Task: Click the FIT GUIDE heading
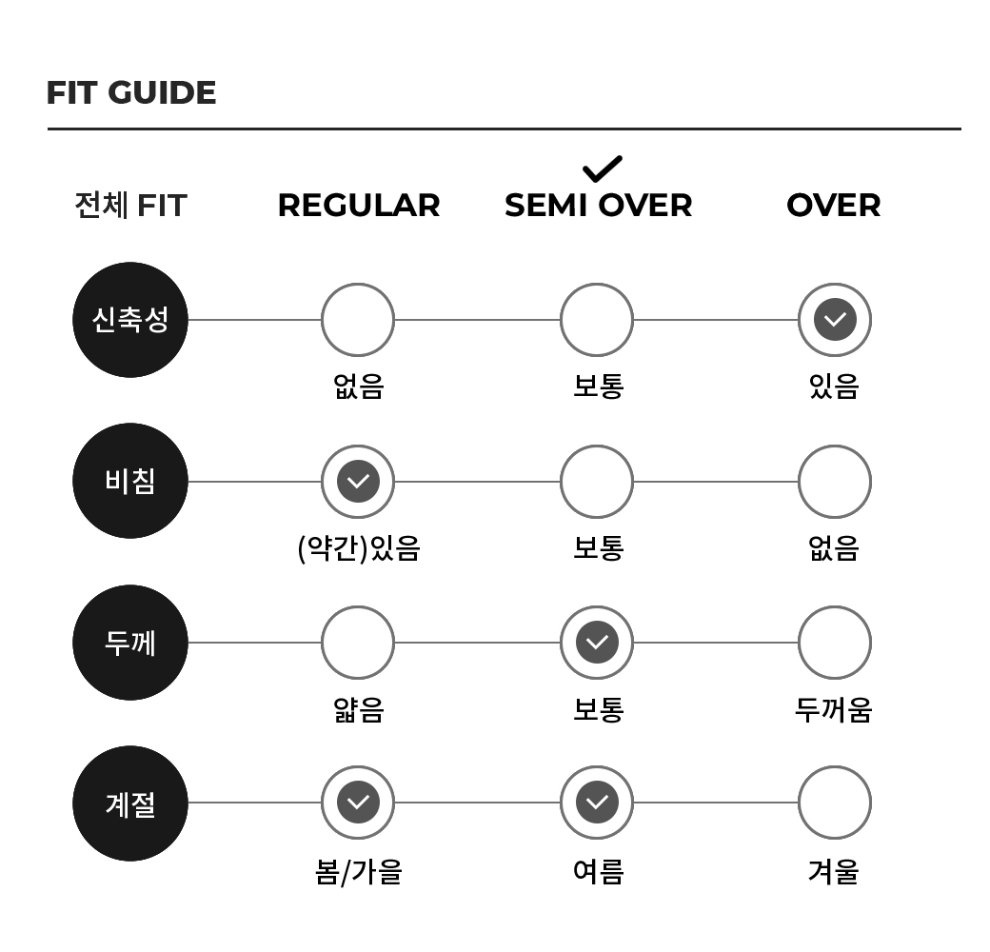(x=131, y=92)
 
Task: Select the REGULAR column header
(x=359, y=206)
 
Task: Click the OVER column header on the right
(x=834, y=206)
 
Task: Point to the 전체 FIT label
(x=130, y=206)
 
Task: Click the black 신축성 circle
(x=130, y=320)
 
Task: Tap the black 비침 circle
(x=130, y=481)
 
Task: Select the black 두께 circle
(x=130, y=643)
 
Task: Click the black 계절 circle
(x=130, y=803)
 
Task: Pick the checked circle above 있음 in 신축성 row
(x=835, y=320)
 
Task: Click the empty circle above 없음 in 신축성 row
(x=358, y=320)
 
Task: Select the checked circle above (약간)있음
(x=358, y=481)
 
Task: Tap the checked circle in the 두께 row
(x=597, y=643)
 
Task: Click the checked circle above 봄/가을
(x=358, y=803)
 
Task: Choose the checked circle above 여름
(x=597, y=803)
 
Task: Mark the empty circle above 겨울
(x=835, y=803)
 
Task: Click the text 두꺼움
(x=834, y=709)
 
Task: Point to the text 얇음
(x=359, y=709)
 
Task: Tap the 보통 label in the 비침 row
(x=598, y=548)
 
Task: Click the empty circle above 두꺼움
(x=835, y=643)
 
